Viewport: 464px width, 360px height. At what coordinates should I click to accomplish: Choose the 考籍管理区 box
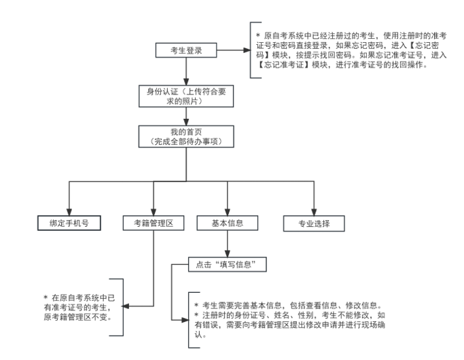coord(154,222)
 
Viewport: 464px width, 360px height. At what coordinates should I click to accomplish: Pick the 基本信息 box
coord(227,222)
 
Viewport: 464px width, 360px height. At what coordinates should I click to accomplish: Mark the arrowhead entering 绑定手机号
coord(69,211)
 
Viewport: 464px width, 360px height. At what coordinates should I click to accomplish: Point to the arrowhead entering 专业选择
coord(314,211)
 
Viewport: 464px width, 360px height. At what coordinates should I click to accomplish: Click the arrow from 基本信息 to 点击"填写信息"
coord(227,243)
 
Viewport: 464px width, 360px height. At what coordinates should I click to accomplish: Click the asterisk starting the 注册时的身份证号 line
coord(196,315)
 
